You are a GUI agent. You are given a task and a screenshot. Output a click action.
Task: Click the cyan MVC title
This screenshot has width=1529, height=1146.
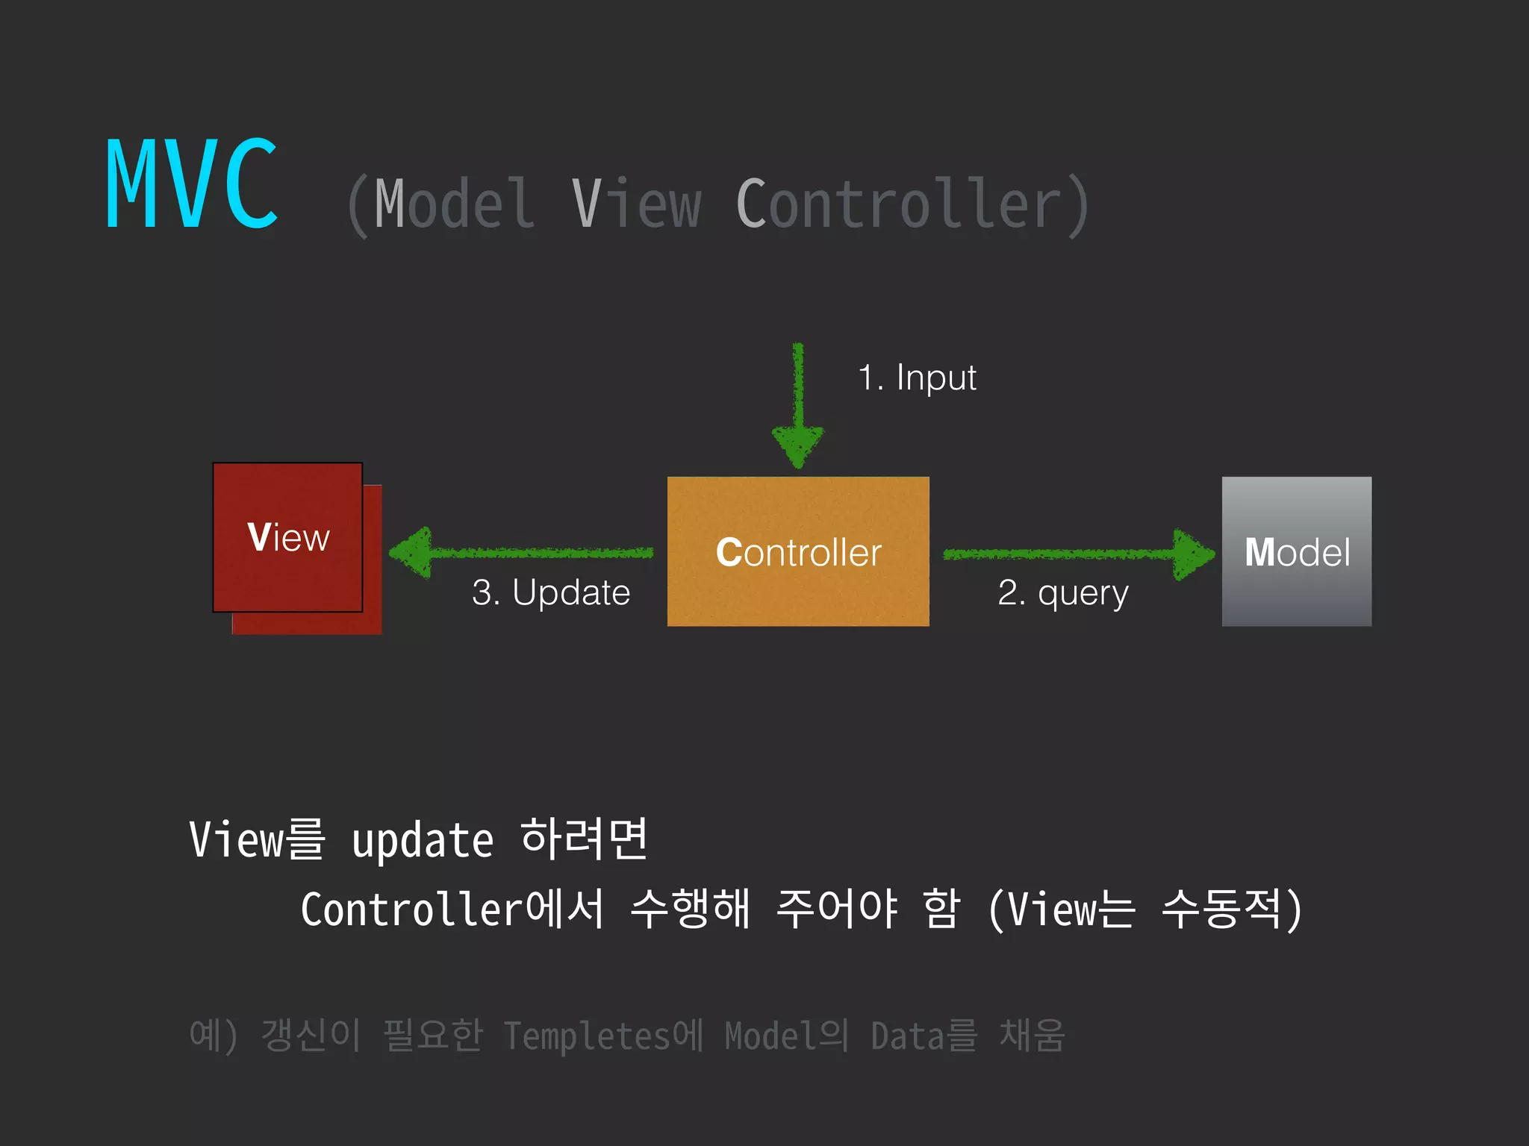193,184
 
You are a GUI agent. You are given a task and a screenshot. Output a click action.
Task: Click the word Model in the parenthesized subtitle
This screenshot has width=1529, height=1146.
454,204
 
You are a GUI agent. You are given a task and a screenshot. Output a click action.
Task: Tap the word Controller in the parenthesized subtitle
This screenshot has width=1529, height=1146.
899,204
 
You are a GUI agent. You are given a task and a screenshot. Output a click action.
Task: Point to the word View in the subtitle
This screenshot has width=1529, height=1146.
636,204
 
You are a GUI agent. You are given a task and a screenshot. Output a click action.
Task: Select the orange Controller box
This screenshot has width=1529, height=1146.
797,551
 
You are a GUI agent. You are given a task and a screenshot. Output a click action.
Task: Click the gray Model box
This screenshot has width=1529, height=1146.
1296,551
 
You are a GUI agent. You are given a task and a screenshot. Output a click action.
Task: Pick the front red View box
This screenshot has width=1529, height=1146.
287,537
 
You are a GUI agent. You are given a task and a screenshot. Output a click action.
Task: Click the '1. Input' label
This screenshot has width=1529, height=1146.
917,378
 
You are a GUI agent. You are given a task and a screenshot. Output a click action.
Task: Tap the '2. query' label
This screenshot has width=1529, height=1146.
1062,593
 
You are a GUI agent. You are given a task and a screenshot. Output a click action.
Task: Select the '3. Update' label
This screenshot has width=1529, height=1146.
551,593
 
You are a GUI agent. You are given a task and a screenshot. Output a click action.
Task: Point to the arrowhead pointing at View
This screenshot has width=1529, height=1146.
412,553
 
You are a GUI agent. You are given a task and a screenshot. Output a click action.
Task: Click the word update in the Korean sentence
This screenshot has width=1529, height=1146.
423,842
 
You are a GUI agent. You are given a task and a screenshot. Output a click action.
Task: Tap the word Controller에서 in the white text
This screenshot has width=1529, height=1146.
452,909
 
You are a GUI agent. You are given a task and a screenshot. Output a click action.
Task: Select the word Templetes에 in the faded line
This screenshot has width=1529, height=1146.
603,1036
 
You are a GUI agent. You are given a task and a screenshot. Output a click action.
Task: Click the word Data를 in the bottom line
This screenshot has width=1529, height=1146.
924,1036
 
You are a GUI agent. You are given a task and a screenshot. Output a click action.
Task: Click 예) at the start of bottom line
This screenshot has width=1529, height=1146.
214,1036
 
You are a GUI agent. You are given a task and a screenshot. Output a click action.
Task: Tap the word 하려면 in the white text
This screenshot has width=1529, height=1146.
584,839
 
